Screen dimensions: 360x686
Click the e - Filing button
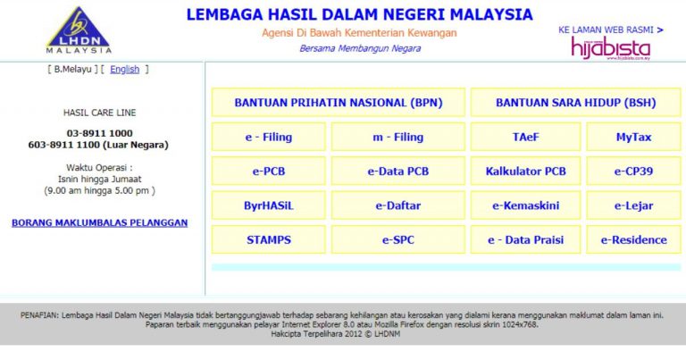(269, 138)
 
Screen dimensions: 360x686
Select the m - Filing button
(397, 138)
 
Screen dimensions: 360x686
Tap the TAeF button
(525, 138)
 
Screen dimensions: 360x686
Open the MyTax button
(633, 138)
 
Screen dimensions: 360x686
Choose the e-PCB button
(269, 171)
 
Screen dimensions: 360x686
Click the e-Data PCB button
(397, 171)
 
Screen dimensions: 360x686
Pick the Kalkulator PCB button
(525, 171)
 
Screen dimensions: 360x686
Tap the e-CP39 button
(633, 171)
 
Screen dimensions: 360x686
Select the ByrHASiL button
(269, 205)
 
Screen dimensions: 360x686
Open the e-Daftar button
(397, 205)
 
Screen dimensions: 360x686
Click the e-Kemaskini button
(525, 205)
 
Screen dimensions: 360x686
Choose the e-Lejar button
(633, 205)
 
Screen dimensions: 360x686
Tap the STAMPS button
(269, 239)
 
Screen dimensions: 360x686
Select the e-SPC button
(397, 239)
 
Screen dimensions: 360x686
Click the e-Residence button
(633, 239)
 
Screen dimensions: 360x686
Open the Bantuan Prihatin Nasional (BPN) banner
(339, 103)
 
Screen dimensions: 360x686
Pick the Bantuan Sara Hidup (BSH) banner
(575, 103)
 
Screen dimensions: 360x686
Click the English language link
(125, 69)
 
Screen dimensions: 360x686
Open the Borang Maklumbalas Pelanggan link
(99, 222)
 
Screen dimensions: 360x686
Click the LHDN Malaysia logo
(79, 30)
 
